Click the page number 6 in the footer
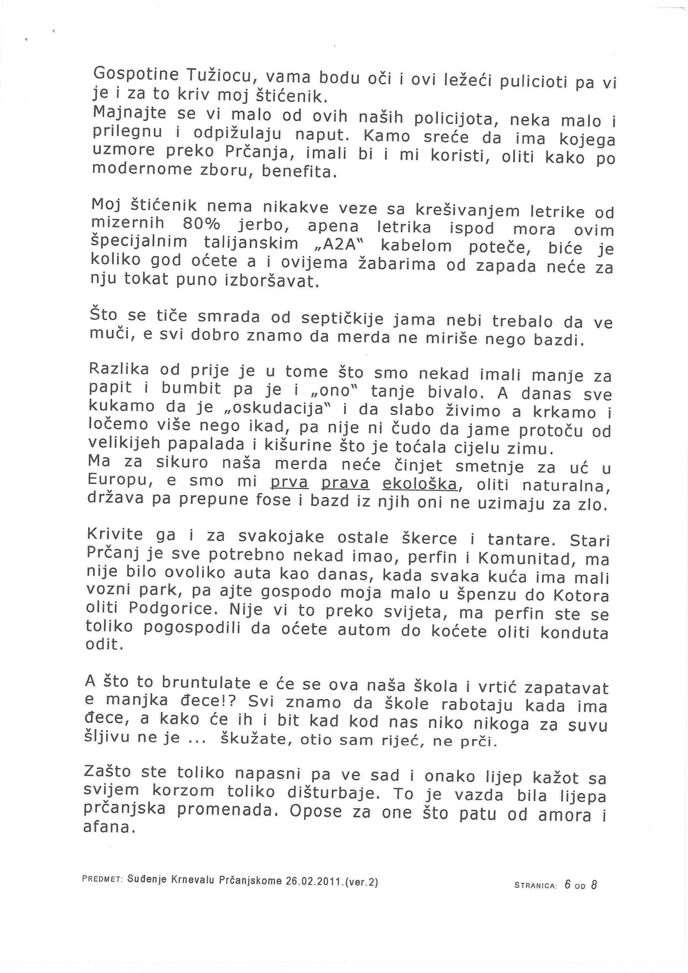(567, 884)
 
